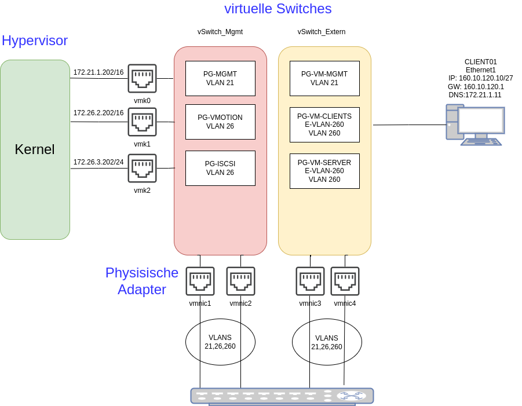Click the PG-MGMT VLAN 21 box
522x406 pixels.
pyautogui.click(x=220, y=78)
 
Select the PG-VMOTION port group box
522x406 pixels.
pyautogui.click(x=220, y=122)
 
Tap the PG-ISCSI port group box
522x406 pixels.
pyautogui.click(x=220, y=168)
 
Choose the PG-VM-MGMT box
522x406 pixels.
pyautogui.click(x=324, y=78)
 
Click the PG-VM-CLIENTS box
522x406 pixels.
pyautogui.click(x=324, y=125)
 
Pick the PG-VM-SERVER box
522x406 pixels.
pyautogui.click(x=324, y=171)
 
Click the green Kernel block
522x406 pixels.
pyautogui.click(x=35, y=149)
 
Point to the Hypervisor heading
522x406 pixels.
pyautogui.click(x=35, y=41)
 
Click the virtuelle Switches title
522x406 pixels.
pyautogui.click(x=278, y=9)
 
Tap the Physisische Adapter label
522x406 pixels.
pyautogui.click(x=142, y=281)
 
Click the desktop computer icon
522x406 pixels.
pyautogui.click(x=474, y=125)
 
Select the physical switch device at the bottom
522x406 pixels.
pyautogui.click(x=282, y=396)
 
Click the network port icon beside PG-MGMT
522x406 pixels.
pyautogui.click(x=142, y=78)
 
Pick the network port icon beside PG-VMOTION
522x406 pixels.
pyautogui.click(x=142, y=122)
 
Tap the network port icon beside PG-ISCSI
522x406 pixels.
pyautogui.click(x=142, y=168)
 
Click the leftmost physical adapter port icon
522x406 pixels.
pyautogui.click(x=200, y=281)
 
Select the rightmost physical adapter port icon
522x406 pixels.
pyautogui.click(x=345, y=281)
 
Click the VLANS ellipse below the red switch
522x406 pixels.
pyautogui.click(x=220, y=342)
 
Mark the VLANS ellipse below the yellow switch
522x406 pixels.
pyautogui.click(x=327, y=342)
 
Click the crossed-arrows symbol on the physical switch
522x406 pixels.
pyautogui.click(x=352, y=396)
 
